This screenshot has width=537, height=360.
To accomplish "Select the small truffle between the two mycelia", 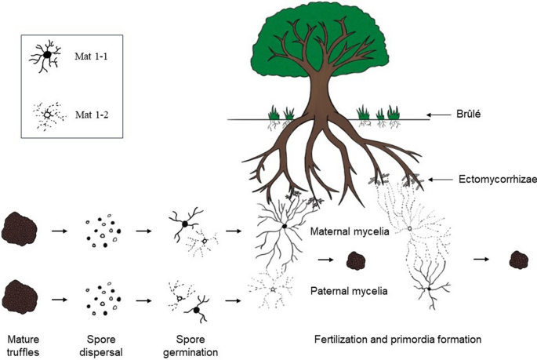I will click(358, 260).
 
